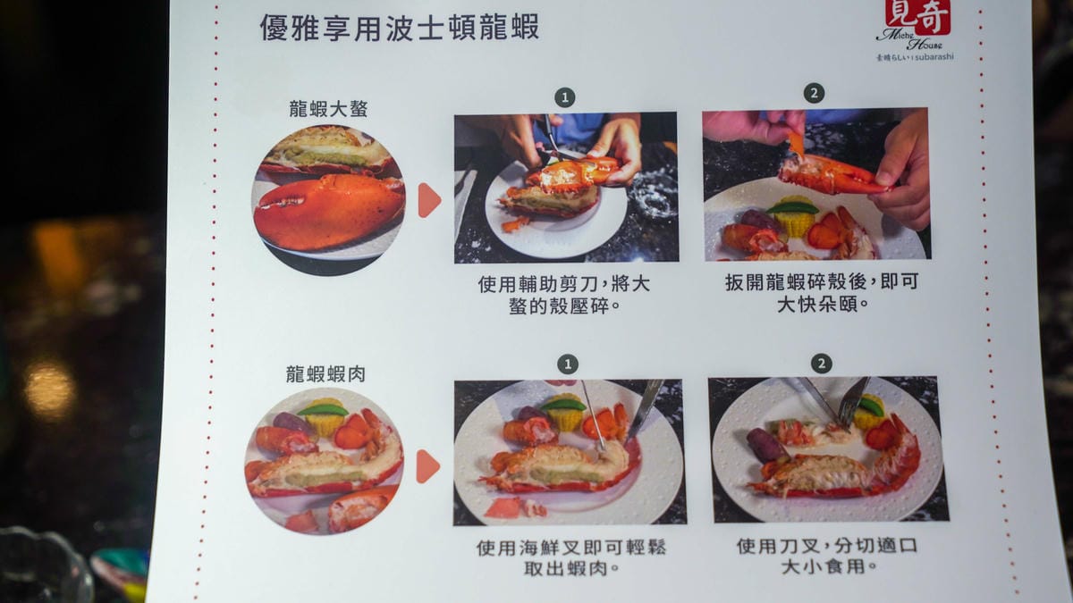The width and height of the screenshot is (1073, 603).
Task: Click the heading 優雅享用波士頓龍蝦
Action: [400, 28]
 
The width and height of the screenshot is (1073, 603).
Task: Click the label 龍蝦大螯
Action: [328, 109]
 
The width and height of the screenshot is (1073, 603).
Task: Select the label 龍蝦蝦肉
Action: [325, 373]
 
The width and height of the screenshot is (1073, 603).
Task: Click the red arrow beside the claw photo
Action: [428, 200]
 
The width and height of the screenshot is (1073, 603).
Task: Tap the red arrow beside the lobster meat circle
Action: [427, 466]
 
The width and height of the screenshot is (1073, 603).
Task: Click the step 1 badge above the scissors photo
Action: [565, 97]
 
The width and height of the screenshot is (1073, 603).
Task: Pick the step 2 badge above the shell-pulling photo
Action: [815, 93]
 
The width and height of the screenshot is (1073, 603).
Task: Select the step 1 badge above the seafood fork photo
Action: [568, 364]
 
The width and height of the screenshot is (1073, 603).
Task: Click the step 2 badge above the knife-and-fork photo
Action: [822, 364]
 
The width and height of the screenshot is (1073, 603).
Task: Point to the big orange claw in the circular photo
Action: [329, 213]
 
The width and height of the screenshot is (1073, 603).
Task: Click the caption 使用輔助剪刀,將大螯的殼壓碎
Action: [564, 295]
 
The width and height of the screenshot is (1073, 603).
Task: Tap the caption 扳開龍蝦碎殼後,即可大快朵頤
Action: [822, 292]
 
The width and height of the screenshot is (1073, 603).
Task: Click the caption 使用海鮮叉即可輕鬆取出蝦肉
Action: [571, 557]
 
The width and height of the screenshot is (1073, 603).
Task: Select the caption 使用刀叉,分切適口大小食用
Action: [827, 556]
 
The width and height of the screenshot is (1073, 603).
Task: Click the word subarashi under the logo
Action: [934, 57]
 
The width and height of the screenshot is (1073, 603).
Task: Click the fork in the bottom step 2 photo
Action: [854, 403]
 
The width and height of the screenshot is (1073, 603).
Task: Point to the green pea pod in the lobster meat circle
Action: [323, 410]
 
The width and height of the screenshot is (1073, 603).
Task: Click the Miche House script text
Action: [909, 39]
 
